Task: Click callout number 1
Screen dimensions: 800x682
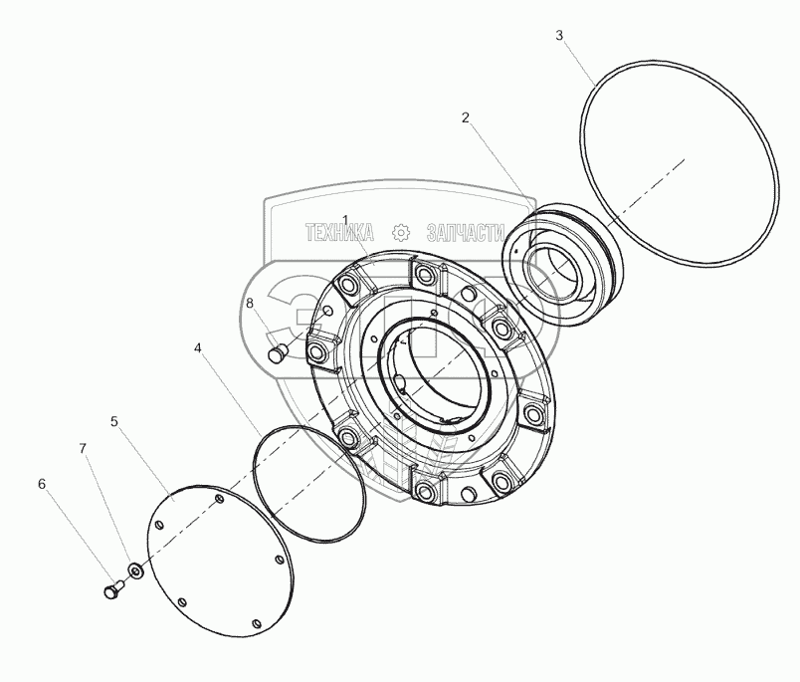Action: (x=345, y=220)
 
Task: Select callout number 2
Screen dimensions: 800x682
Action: (x=465, y=117)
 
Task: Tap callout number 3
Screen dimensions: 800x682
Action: (x=559, y=35)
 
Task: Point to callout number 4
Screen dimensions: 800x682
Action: (x=198, y=348)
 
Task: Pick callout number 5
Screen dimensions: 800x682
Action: (x=114, y=421)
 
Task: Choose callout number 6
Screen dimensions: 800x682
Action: (x=42, y=484)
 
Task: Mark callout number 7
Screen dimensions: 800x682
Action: (x=84, y=449)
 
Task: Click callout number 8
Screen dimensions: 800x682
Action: (x=249, y=303)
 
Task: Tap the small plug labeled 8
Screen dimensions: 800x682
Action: (x=278, y=351)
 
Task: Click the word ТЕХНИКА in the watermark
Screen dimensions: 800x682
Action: (x=339, y=233)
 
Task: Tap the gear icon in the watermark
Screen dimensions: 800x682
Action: (x=400, y=233)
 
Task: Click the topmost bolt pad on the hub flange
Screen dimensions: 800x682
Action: (x=419, y=274)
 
